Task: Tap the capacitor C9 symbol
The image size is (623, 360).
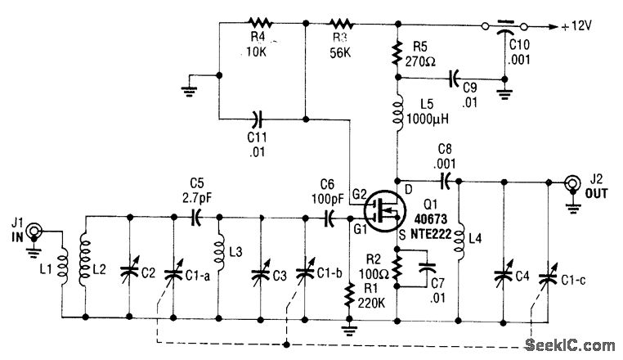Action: click(450, 79)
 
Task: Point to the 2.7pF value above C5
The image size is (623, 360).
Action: click(196, 197)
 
